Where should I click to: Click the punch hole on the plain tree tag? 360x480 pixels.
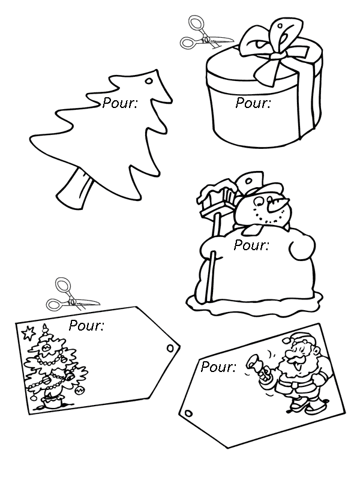point(149,81)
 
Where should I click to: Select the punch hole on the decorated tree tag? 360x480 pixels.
point(170,348)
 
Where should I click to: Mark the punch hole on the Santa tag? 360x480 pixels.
point(189,413)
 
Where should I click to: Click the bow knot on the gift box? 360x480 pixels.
point(276,56)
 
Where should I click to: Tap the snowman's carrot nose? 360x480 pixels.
point(277,205)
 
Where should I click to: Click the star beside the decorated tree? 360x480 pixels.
point(29,333)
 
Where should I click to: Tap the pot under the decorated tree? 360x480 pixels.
point(52,401)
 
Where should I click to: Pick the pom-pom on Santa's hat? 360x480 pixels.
point(286,340)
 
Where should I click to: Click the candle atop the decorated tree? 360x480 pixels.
point(45,329)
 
